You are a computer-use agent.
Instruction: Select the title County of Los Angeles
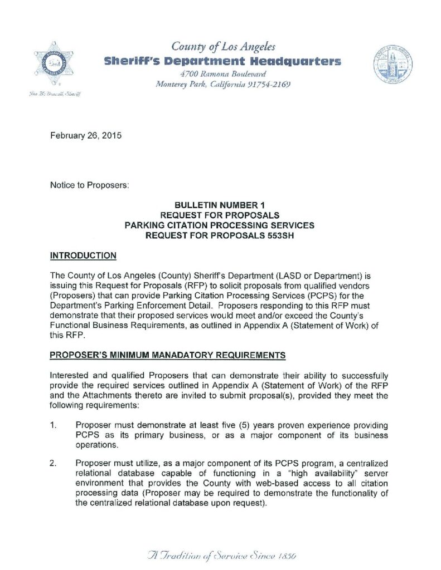[223, 47]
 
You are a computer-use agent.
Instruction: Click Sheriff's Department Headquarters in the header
[222, 61]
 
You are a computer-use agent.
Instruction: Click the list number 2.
[54, 463]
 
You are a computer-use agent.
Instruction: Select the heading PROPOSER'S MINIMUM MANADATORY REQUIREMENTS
[168, 354]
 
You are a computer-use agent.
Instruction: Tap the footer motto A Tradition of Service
[222, 555]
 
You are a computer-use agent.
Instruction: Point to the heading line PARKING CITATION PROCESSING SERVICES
[219, 225]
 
